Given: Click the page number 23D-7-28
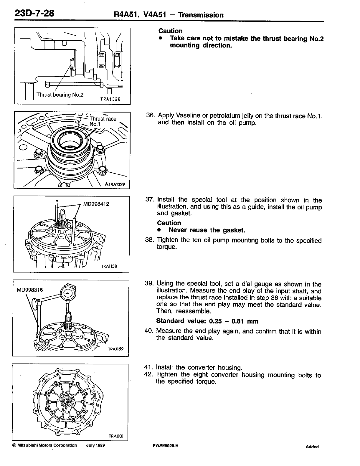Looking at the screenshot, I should click(x=33, y=13).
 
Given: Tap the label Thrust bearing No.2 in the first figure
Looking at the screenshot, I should click(x=60, y=95).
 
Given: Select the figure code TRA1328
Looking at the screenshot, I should click(x=110, y=99).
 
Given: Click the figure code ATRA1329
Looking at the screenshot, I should click(x=115, y=185).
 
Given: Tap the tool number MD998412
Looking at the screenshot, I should click(x=96, y=204).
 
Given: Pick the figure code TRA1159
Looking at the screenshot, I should click(x=115, y=349).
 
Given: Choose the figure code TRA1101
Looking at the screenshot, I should click(x=116, y=436).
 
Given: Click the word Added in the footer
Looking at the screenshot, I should click(x=312, y=447).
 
